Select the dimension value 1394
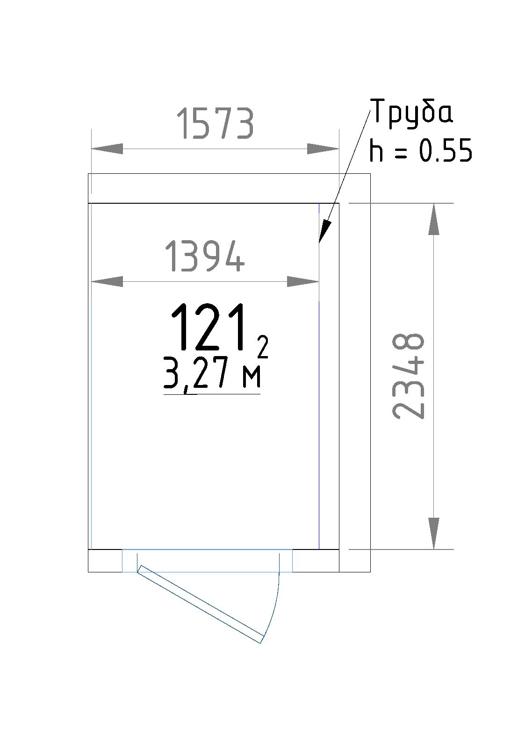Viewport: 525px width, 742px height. pyautogui.click(x=205, y=257)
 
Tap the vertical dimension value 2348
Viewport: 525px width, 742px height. pyautogui.click(x=408, y=376)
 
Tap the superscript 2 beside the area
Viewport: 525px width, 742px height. pyautogui.click(x=263, y=347)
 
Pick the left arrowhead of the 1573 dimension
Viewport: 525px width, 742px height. pyautogui.click(x=107, y=149)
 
